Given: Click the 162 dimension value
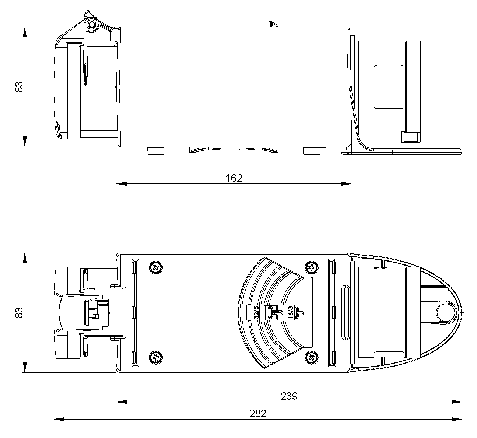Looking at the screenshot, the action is click(234, 178).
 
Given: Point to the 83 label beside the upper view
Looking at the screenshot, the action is click(19, 87).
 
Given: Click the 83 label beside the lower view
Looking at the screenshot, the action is click(19, 312).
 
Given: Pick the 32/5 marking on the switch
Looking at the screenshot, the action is click(256, 312).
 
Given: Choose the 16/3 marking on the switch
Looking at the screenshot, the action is click(290, 312).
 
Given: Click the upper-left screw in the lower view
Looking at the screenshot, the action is click(156, 268).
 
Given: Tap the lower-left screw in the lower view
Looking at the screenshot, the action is click(156, 357).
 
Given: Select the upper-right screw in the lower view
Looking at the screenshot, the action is click(311, 268).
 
